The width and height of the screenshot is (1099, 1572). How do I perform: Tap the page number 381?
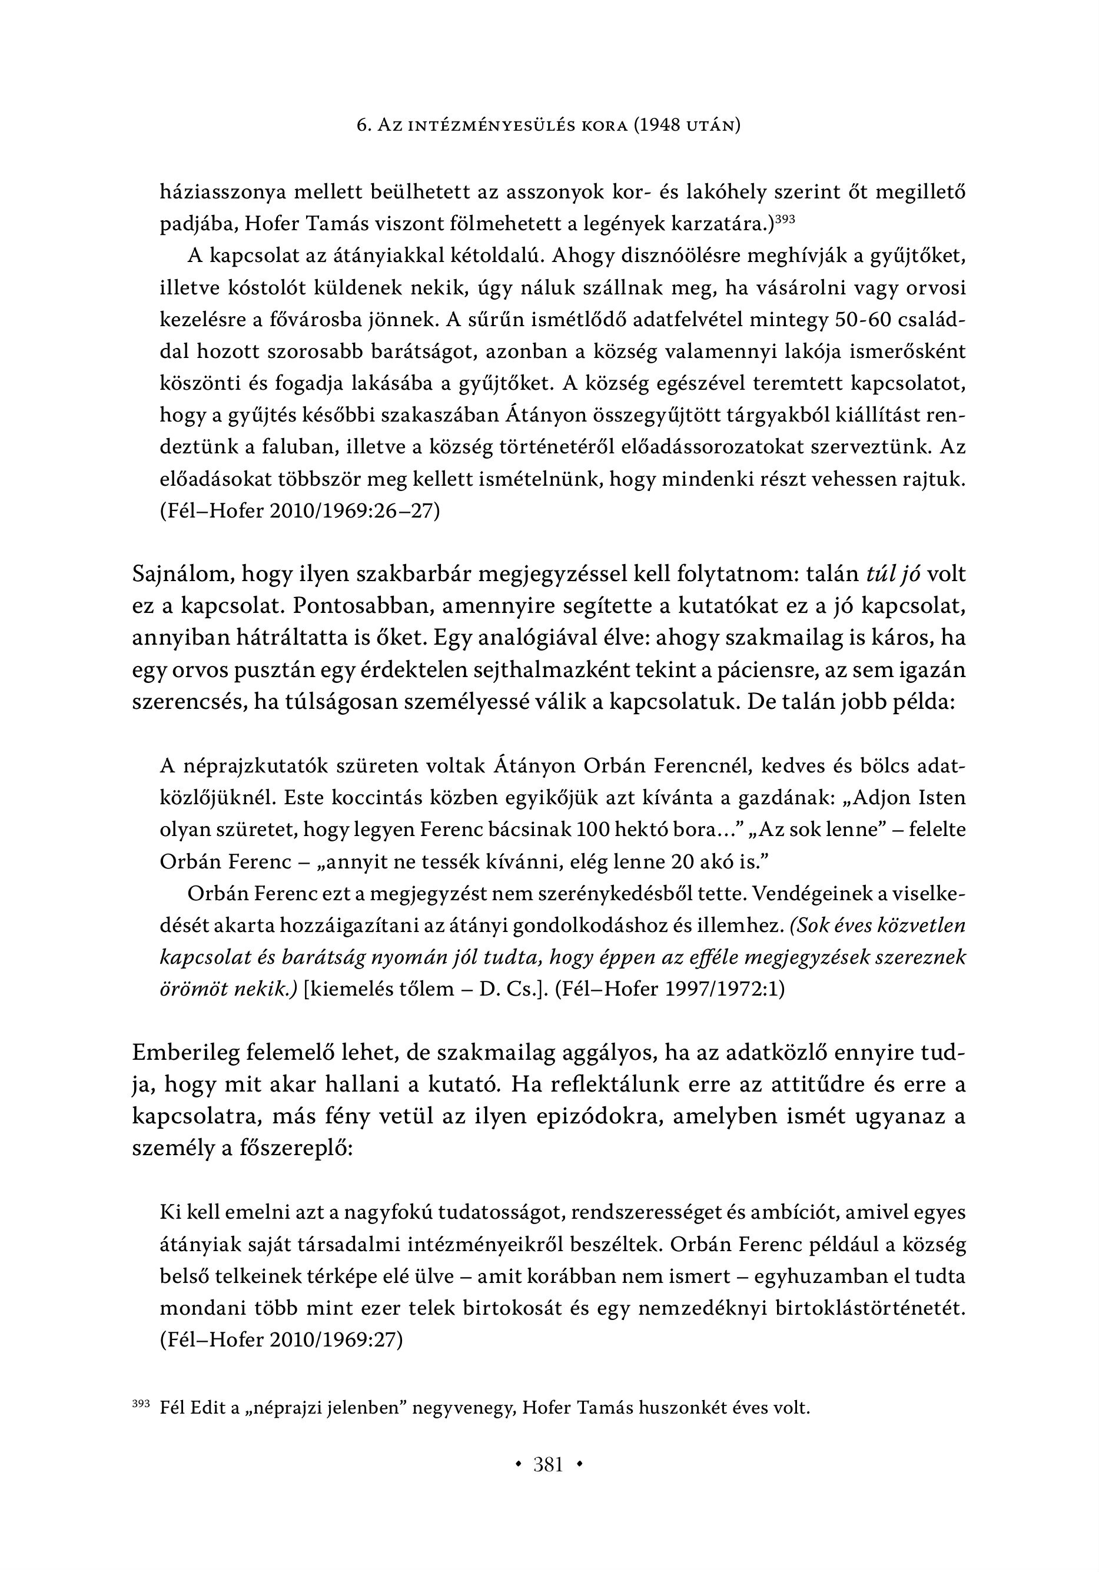549,1464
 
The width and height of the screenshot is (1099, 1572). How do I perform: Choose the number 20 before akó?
673,861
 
